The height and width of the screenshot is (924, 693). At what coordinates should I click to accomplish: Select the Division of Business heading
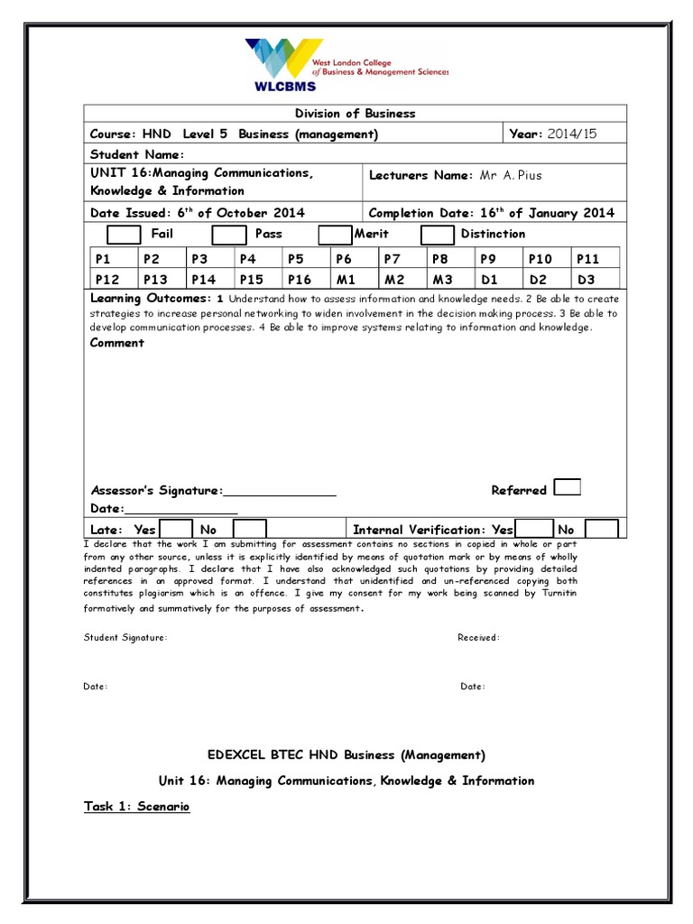[x=356, y=113]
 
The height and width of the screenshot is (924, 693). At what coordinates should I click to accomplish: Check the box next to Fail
[x=124, y=235]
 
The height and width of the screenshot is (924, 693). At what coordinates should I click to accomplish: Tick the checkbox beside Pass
[x=228, y=235]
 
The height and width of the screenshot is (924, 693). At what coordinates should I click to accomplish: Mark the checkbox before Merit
[x=335, y=235]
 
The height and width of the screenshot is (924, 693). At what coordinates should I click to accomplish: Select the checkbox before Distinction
[x=438, y=235]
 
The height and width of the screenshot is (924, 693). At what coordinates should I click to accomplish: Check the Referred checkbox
[x=567, y=488]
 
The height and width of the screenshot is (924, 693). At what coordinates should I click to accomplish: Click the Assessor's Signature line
[x=279, y=492]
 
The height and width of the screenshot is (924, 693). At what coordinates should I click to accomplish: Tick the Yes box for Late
[x=176, y=530]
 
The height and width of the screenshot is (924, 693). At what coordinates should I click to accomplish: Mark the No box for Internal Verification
[x=601, y=530]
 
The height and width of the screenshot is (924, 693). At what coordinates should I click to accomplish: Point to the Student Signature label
[x=125, y=638]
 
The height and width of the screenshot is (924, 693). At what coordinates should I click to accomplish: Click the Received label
[x=478, y=638]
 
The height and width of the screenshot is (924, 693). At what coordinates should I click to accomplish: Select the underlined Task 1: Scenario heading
[x=136, y=807]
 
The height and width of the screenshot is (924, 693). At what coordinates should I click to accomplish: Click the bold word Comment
[x=117, y=343]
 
